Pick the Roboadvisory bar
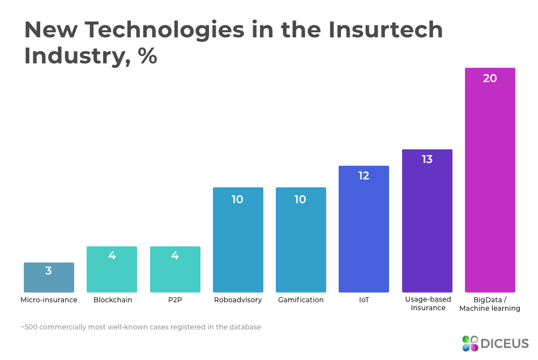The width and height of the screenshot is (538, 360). [238, 240]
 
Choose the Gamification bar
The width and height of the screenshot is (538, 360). [301, 240]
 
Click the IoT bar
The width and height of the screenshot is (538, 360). [364, 229]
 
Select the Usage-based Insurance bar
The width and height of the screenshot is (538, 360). [427, 221]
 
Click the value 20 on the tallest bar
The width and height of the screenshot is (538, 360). [490, 79]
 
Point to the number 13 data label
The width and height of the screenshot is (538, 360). [427, 160]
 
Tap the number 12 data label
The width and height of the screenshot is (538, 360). [364, 176]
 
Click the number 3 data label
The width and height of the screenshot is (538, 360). [49, 271]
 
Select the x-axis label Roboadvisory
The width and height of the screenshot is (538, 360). [238, 300]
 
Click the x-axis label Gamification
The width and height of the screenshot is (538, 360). [301, 300]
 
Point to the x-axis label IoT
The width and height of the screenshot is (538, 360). [364, 300]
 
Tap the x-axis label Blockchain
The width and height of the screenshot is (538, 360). [113, 300]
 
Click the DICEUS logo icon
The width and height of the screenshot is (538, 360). [470, 343]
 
